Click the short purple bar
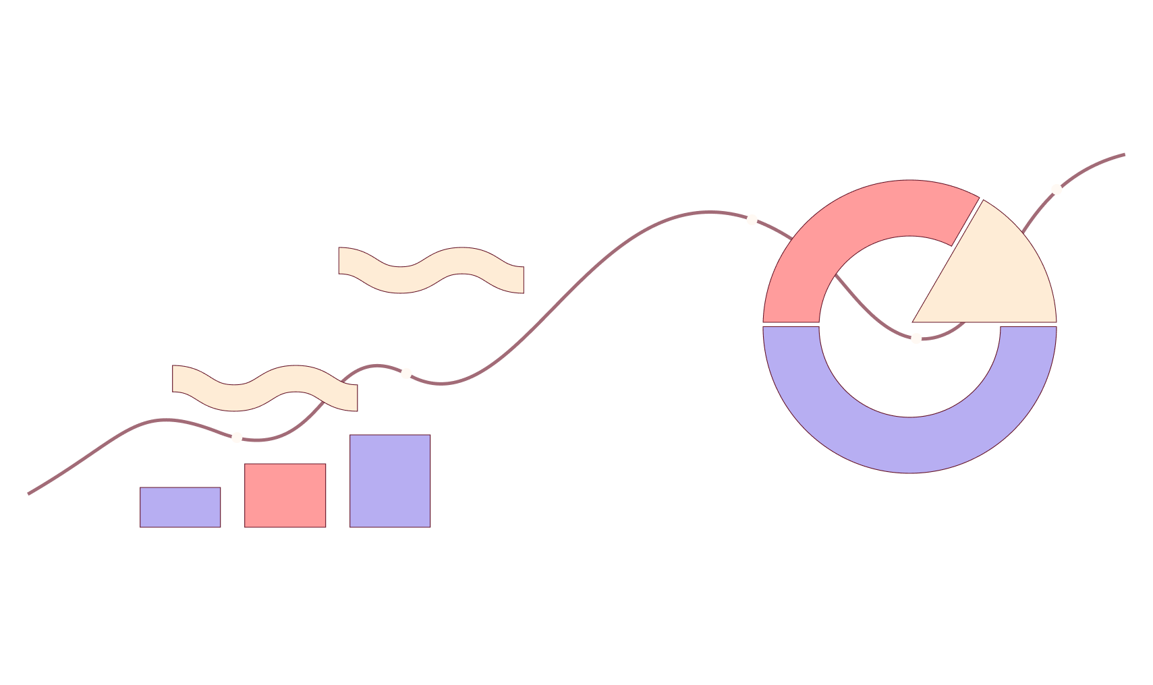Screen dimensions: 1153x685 click(x=180, y=507)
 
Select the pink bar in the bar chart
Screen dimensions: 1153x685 click(x=285, y=496)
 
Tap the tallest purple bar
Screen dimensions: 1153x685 click(x=390, y=481)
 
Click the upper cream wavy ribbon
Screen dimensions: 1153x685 click(x=431, y=270)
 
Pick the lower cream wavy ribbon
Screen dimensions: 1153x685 click(x=265, y=388)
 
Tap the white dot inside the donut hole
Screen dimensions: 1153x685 click(x=916, y=338)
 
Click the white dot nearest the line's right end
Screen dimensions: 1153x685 click(x=1057, y=189)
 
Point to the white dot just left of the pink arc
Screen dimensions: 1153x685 click(x=752, y=220)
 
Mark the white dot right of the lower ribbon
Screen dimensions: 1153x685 click(x=406, y=374)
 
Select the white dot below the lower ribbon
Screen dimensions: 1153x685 click(x=237, y=438)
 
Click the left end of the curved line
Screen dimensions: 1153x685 click(x=29, y=494)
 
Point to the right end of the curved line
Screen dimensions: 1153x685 click(x=1124, y=154)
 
